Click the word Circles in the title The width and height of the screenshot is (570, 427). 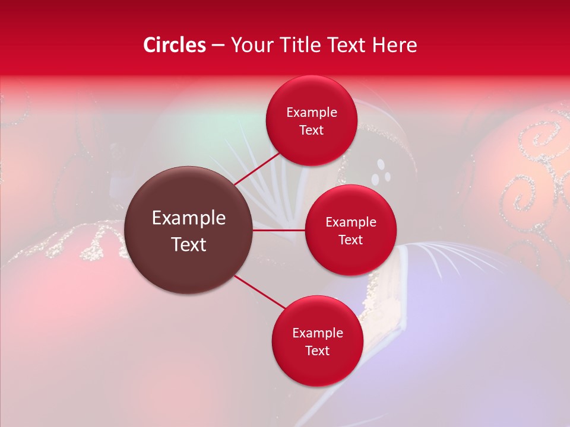point(174,45)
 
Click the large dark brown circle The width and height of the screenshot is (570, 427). point(188,230)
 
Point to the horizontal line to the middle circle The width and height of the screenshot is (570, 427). point(279,230)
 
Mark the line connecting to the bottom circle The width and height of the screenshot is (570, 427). point(260,292)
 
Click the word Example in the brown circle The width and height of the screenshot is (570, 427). point(189,218)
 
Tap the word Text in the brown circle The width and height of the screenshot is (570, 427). point(189,244)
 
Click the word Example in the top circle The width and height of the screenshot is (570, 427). point(312,112)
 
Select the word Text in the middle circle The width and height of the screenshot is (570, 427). point(350,240)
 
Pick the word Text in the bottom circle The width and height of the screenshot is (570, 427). point(317,350)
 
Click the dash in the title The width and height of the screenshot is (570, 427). point(217,46)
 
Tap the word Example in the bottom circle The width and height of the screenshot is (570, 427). point(318,333)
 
